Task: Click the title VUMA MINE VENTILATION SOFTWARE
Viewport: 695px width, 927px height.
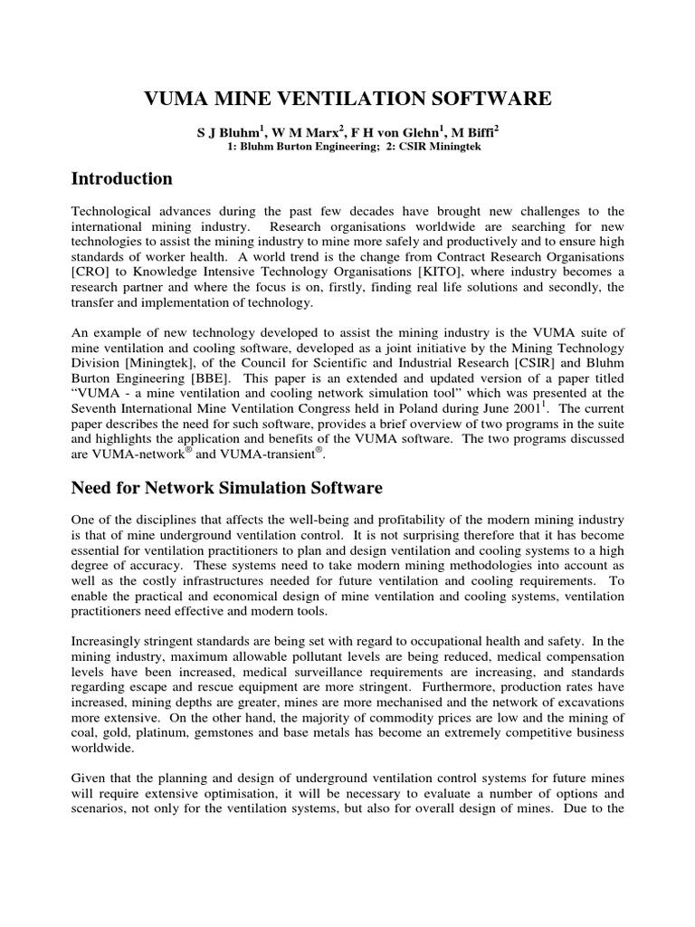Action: [x=347, y=99]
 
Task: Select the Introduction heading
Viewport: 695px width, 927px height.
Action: [x=121, y=178]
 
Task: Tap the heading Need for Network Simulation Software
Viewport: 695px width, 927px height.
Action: [x=226, y=488]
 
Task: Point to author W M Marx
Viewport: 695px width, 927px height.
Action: [x=302, y=132]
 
